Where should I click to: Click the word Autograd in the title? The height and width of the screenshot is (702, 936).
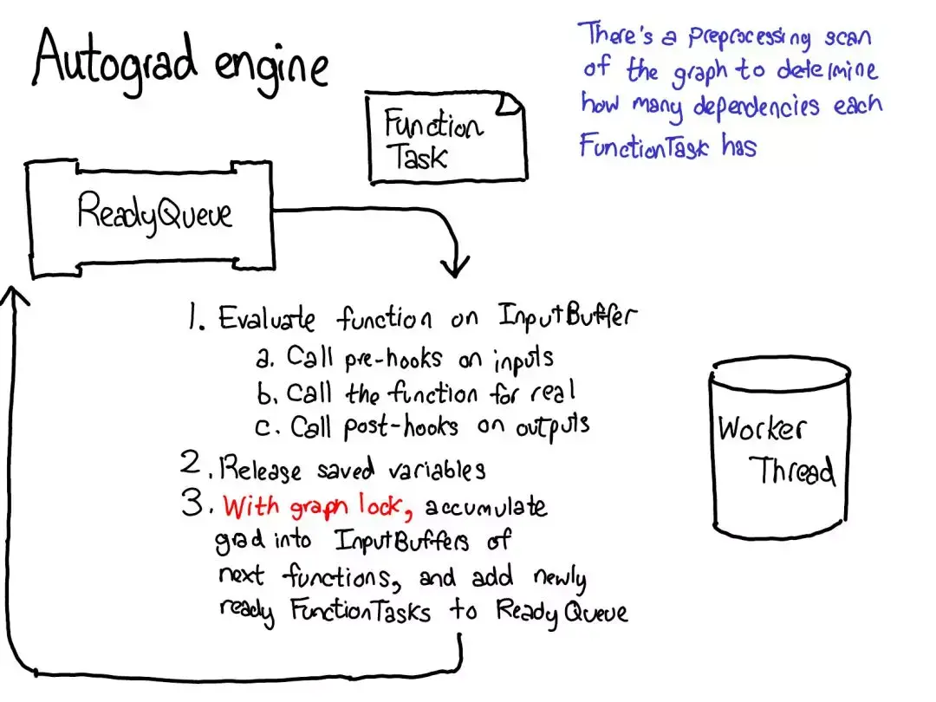point(114,61)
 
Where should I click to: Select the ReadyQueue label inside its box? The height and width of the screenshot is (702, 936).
point(154,213)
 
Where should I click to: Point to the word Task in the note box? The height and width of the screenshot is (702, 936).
point(417,157)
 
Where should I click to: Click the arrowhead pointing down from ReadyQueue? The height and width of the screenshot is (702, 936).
point(455,266)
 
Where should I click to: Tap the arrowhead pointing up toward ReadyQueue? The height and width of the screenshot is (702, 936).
point(12,296)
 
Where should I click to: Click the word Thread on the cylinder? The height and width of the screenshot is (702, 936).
point(792,471)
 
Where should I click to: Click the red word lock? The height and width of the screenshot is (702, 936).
point(380,505)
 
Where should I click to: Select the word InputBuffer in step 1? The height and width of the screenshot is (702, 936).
point(568,315)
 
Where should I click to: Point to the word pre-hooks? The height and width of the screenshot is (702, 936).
point(393,358)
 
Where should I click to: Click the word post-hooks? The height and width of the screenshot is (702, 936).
point(401,426)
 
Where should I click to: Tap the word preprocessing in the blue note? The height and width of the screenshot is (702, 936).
point(749,37)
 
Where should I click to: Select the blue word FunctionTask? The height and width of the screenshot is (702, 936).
point(643,145)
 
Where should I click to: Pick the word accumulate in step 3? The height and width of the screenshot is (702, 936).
point(486,506)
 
